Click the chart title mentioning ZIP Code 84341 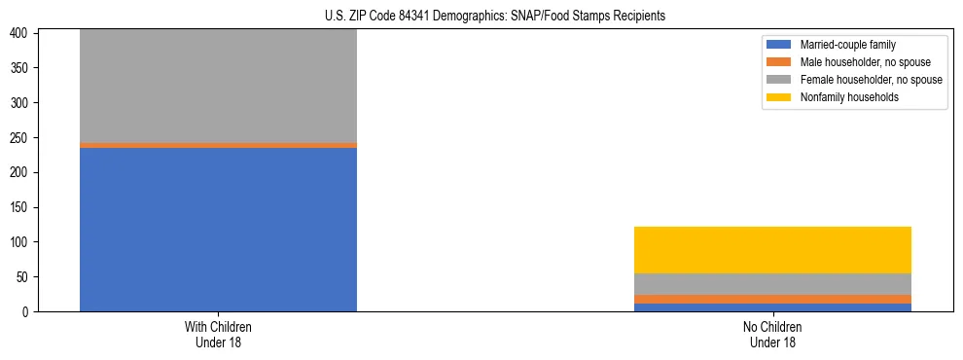click(x=495, y=17)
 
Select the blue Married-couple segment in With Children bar click(x=218, y=230)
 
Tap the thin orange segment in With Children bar click(x=218, y=145)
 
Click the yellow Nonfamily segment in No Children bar click(x=772, y=250)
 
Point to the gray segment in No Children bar click(x=772, y=284)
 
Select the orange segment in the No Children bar click(x=772, y=299)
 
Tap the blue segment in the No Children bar click(x=772, y=307)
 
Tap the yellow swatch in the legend click(x=779, y=97)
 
